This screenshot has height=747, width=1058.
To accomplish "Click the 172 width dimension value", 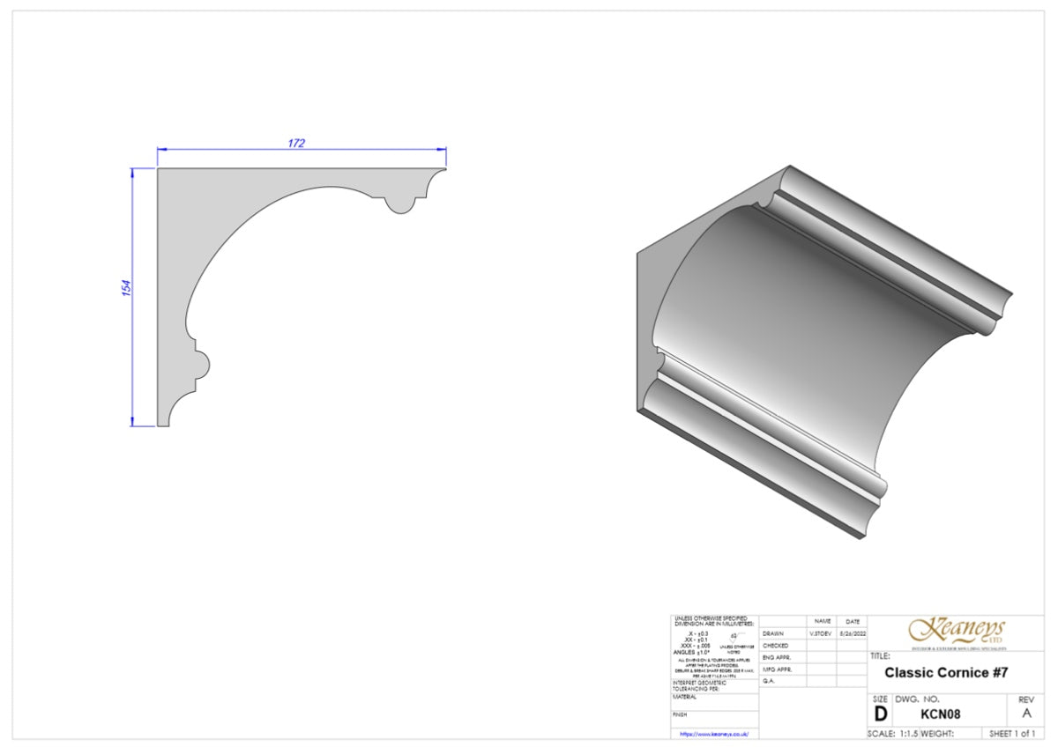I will pyautogui.click(x=296, y=144).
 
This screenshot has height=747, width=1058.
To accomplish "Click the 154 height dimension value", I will pyautogui.click(x=126, y=288).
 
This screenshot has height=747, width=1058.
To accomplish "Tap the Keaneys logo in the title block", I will pyautogui.click(x=957, y=631).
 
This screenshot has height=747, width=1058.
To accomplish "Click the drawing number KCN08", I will pyautogui.click(x=940, y=714).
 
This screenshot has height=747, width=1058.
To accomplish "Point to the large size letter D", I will pyautogui.click(x=880, y=714).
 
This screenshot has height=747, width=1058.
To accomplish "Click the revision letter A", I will pyautogui.click(x=1025, y=714).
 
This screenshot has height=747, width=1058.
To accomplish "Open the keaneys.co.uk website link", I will pyautogui.click(x=713, y=733).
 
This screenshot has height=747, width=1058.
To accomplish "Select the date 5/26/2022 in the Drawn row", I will pyautogui.click(x=853, y=633).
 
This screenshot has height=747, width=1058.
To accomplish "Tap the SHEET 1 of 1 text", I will pyautogui.click(x=1012, y=734).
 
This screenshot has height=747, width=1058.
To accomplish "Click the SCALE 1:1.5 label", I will pyautogui.click(x=893, y=734).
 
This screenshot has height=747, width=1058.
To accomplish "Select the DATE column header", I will pyautogui.click(x=853, y=621).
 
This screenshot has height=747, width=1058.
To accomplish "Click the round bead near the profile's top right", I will pyautogui.click(x=400, y=203).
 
